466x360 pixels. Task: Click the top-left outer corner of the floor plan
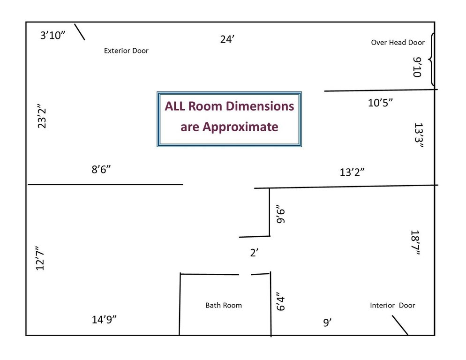click(26, 22)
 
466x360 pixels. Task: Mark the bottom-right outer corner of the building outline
click(435, 335)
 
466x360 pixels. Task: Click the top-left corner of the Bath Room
click(180, 273)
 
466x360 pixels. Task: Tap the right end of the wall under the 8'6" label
click(183, 185)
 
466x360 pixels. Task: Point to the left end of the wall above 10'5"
click(324, 91)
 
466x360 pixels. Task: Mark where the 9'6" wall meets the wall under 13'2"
click(270, 188)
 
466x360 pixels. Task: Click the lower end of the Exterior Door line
click(85, 39)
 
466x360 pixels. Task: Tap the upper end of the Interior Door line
click(392, 316)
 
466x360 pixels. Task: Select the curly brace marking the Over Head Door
click(431, 60)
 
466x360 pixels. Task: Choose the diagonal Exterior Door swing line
click(80, 32)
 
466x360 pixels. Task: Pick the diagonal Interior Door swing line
click(400, 325)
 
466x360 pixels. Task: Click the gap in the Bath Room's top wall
click(245, 274)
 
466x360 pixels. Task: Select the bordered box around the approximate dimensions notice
click(229, 119)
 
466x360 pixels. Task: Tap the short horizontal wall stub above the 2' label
click(255, 237)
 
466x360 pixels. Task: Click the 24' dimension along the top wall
click(227, 39)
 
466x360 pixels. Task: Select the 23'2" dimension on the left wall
click(42, 116)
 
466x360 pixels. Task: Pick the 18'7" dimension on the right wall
click(415, 242)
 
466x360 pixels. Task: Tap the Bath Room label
click(224, 305)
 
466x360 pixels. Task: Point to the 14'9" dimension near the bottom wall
click(104, 320)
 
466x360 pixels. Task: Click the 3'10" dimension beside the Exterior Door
click(53, 35)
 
